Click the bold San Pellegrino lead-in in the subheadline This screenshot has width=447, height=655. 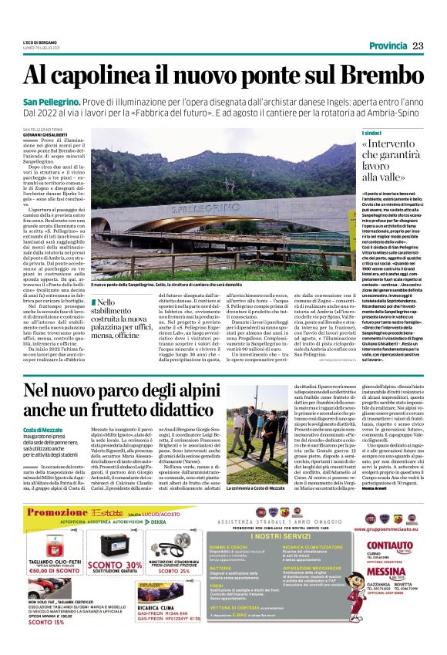[51, 103]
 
